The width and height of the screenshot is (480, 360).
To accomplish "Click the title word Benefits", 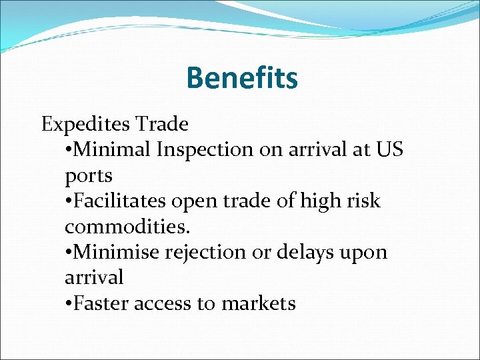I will [x=241, y=78].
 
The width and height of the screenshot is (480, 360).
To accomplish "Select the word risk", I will [x=364, y=201].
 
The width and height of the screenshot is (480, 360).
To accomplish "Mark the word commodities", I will [x=127, y=227].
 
